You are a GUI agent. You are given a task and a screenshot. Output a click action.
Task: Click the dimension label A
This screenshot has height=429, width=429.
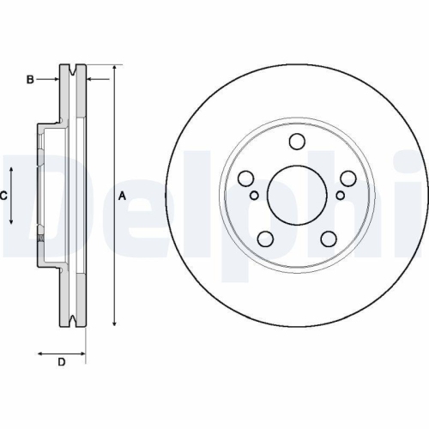coord(122,196)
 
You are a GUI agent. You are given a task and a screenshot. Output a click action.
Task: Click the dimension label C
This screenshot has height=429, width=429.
coord(3,196)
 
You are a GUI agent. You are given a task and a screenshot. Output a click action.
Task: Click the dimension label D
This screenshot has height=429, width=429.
coord(62,362)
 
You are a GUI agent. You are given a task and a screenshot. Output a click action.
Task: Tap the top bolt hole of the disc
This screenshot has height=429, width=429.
coord(296,142)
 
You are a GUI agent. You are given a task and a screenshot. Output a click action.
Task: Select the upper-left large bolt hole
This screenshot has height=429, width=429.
coord(245,178)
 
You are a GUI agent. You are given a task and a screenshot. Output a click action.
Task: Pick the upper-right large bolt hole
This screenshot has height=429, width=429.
coord(347,178)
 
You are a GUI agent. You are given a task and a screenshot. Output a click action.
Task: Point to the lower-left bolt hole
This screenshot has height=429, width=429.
coord(265,239)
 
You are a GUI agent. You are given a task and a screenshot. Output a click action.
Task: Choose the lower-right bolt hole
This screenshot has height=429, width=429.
coord(328,239)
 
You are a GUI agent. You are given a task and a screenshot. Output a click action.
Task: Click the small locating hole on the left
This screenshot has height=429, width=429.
coord(253,196)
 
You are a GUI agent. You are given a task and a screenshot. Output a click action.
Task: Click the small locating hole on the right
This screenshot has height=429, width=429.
coord(340,196)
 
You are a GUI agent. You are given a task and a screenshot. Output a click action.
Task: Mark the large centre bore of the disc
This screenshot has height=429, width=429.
coord(296,196)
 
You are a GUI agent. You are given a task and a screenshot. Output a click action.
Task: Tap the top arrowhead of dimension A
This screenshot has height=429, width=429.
coord(114,68)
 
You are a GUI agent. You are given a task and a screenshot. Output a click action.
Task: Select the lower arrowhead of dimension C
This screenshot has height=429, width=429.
coord(11,220)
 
